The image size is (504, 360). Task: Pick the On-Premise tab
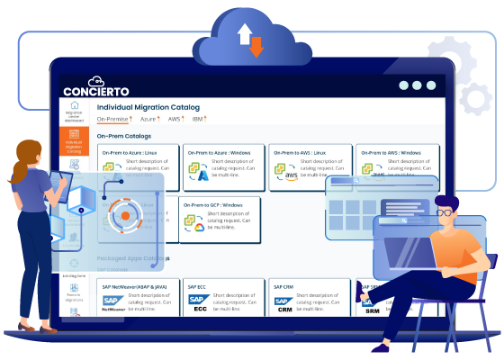coord(115,118)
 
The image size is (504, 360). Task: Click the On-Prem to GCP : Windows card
coord(220,217)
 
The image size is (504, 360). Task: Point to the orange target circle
coord(120,216)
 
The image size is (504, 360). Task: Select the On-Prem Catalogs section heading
coord(123,136)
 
